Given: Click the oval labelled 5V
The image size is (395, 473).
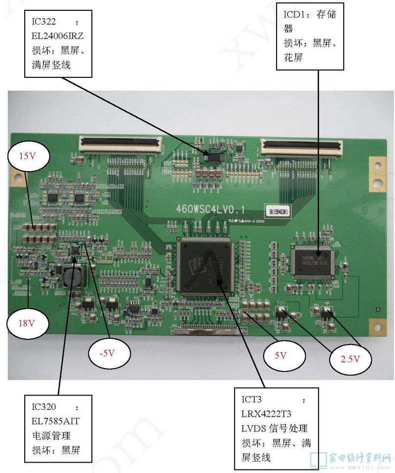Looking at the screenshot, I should click(280, 354).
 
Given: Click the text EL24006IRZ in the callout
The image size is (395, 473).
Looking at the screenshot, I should click(59, 36).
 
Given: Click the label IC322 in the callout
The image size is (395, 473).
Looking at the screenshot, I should click(43, 22).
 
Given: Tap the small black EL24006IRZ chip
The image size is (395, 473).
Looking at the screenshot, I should click(214, 157).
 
